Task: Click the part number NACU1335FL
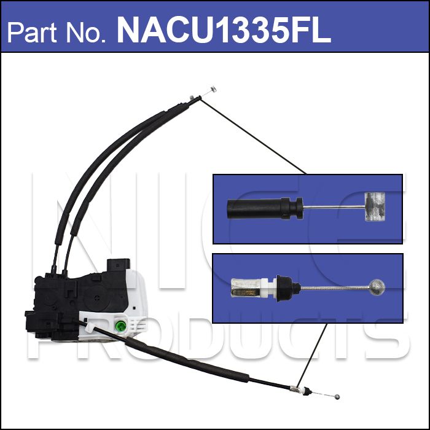pyautogui.click(x=224, y=29)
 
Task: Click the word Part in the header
pyautogui.click(x=31, y=32)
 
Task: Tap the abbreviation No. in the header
pyautogui.click(x=86, y=32)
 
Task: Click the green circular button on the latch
pyautogui.click(x=120, y=326)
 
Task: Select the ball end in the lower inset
pyautogui.click(x=377, y=287)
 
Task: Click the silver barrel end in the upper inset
pyautogui.click(x=374, y=207)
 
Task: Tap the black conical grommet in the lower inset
pyautogui.click(x=288, y=288)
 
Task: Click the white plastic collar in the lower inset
pyautogui.click(x=268, y=288)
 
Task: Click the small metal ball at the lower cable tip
pyautogui.click(x=337, y=397)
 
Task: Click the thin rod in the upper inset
pyautogui.click(x=334, y=207)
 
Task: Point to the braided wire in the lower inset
pyautogui.click(x=335, y=287)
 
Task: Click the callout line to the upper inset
pyautogui.click(x=253, y=136)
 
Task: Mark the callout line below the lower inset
pyautogui.click(x=312, y=354)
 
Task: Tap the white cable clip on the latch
pyautogui.click(x=89, y=327)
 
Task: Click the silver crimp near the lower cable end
pyautogui.click(x=294, y=388)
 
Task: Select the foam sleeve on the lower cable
pyautogui.click(x=187, y=361)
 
